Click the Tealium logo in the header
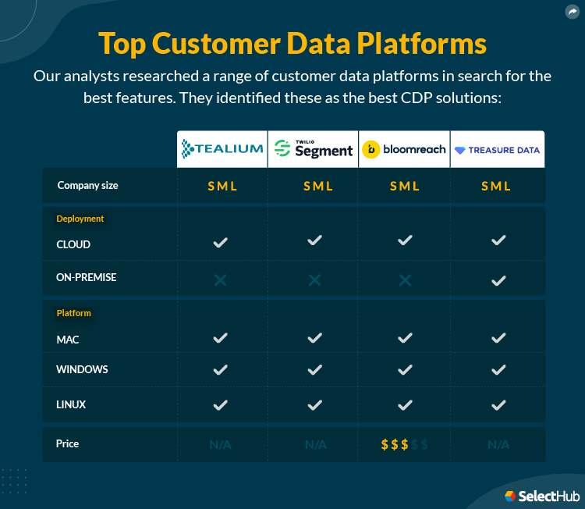click(222, 149)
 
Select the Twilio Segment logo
click(314, 149)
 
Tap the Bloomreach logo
click(404, 149)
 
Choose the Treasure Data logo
click(498, 149)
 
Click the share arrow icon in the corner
click(572, 12)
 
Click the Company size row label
click(87, 186)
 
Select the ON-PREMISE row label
click(87, 277)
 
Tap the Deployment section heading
click(80, 219)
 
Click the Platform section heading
click(74, 313)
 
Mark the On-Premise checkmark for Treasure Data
click(498, 279)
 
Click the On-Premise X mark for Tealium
click(220, 279)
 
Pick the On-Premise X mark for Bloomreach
click(405, 279)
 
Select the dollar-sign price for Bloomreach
click(404, 445)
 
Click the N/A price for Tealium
click(220, 445)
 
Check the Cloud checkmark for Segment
click(314, 240)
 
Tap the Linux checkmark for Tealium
click(220, 405)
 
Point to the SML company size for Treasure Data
click(496, 186)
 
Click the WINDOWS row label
click(82, 369)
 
